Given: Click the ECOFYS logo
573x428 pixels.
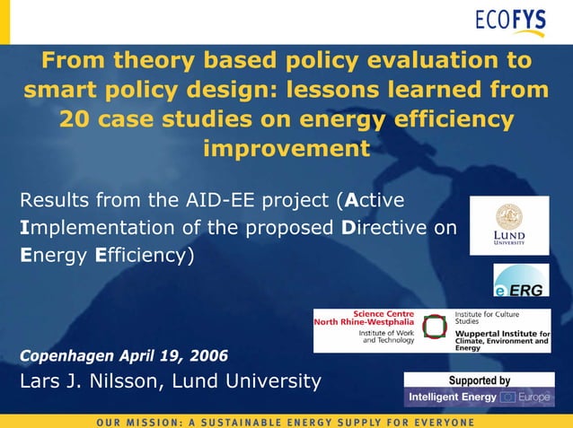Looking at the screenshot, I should [509, 22].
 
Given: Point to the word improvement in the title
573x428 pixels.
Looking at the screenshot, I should [286, 148].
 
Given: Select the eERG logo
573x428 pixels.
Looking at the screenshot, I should [521, 280].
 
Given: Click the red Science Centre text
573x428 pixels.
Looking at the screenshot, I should [383, 314].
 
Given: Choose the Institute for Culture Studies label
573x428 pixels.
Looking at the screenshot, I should [486, 318].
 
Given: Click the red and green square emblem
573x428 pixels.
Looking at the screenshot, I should [435, 328].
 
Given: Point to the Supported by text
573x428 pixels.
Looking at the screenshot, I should [479, 380].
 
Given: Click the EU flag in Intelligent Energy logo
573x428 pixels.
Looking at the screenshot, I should [508, 397].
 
